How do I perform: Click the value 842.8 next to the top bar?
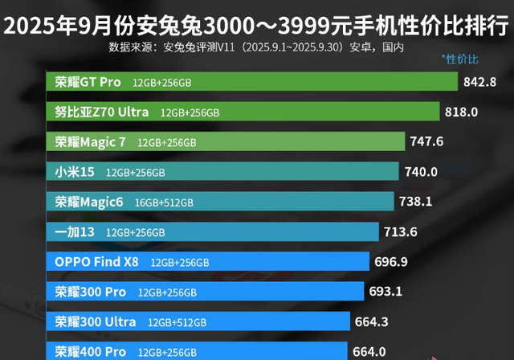coord(481,82)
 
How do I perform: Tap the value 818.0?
coord(461,112)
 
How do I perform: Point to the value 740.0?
coord(421,171)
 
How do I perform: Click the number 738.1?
coord(416,202)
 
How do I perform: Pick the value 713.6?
coord(402,231)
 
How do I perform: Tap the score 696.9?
coord(392,261)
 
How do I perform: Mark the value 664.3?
coord(372,321)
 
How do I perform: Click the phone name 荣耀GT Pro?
coord(88,82)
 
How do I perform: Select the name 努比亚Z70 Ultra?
coord(102,112)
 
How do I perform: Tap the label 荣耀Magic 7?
coord(91,141)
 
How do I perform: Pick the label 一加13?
coord(75,231)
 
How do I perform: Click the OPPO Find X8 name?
coord(97,261)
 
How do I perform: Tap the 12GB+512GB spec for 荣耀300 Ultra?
coord(177,321)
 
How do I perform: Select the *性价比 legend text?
coord(459,59)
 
